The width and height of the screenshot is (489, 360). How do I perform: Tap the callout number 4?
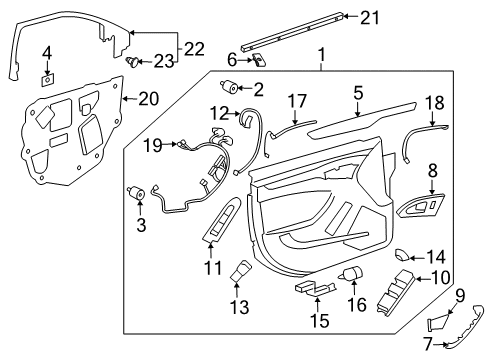45,51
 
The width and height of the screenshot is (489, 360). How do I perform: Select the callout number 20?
148,99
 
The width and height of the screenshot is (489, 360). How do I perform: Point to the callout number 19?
152,145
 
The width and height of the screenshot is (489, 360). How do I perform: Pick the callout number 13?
240,305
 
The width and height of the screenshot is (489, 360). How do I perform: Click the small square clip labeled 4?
47,74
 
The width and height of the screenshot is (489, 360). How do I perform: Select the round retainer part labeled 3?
137,193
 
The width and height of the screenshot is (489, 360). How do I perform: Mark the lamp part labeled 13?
241,273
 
